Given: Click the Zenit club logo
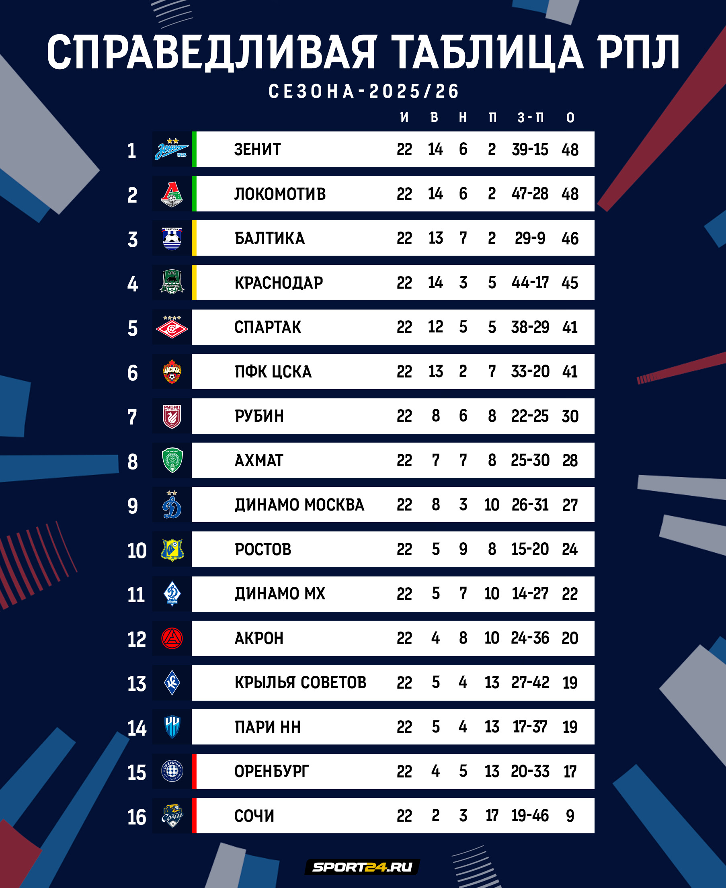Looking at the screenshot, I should point(172,149).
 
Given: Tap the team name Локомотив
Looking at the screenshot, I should point(280,194).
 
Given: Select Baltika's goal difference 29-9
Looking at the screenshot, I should point(530,238).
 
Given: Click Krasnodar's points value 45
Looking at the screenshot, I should point(570,283).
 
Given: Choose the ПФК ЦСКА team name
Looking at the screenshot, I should point(273,372).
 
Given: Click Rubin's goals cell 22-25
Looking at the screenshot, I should point(530,416).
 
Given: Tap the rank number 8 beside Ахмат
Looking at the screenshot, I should point(133,462).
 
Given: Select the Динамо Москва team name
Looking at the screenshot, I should point(299,505).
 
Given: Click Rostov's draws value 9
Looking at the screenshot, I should point(463,549).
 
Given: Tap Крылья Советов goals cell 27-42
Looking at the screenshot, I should point(530,683).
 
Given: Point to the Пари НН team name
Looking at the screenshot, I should point(268,727).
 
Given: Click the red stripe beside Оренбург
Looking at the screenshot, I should point(194,771).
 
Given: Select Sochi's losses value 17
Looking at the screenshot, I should point(492,816).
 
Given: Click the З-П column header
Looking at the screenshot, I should point(530,118).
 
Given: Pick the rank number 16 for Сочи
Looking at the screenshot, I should point(137,817).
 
